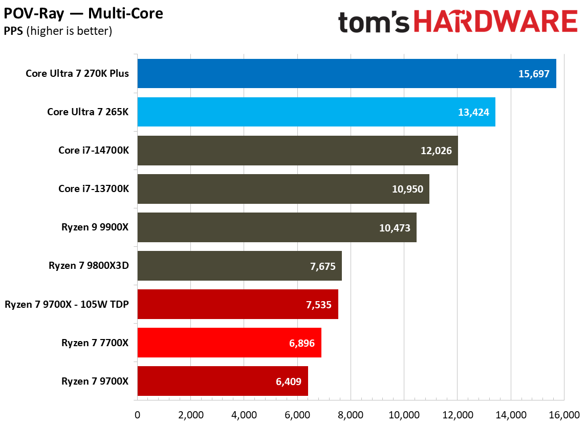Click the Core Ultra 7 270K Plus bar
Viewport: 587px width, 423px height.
tap(346, 74)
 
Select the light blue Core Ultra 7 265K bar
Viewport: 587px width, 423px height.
tap(316, 112)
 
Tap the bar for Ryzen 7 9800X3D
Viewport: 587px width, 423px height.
tap(239, 266)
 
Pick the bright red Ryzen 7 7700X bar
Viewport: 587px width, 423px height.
tap(229, 343)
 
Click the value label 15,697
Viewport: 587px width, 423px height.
tap(534, 74)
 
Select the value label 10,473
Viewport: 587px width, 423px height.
tap(395, 227)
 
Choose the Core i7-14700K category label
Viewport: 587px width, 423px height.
tap(94, 151)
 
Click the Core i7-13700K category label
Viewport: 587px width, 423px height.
tap(94, 189)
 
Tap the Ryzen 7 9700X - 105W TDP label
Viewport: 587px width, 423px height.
tap(67, 304)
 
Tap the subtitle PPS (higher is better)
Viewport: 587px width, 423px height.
tap(58, 31)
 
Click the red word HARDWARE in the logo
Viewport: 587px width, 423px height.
tap(495, 23)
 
